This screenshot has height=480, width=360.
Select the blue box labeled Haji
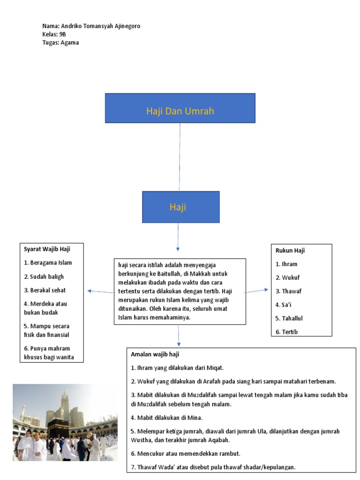[180, 207]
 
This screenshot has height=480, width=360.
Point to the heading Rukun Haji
[290, 250]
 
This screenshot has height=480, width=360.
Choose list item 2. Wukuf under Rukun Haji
[288, 277]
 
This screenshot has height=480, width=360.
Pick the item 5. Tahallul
[289, 318]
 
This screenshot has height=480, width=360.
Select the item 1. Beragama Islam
[48, 262]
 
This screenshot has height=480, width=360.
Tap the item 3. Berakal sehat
[45, 290]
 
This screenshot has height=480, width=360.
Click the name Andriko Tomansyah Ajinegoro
[100, 26]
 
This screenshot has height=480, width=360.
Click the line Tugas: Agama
[60, 43]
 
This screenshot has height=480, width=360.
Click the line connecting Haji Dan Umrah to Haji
[179, 157]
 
